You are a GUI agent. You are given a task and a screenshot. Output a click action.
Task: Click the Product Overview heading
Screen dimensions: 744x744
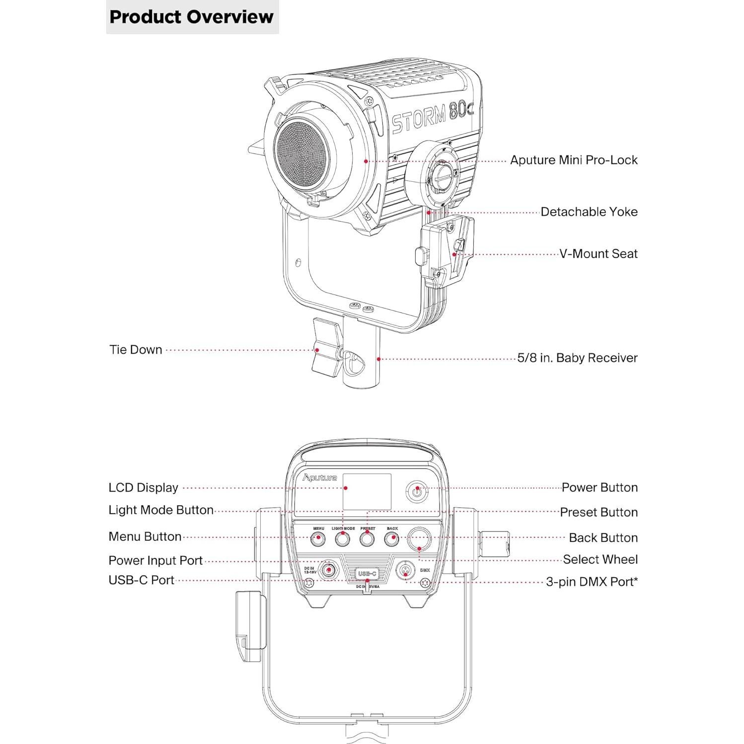tap(192, 17)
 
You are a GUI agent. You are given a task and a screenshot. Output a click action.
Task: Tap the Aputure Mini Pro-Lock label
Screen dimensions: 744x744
tap(574, 160)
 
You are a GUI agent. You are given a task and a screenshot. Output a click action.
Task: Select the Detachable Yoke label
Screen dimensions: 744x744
tap(589, 212)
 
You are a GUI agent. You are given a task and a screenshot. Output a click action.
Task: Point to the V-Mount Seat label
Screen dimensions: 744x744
tap(598, 254)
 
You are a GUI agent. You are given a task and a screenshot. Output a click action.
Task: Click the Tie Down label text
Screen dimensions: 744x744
tap(136, 350)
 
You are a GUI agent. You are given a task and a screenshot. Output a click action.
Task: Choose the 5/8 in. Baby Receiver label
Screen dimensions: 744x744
tap(577, 358)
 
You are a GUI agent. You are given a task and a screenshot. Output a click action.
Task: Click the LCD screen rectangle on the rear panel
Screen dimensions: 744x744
tap(367, 491)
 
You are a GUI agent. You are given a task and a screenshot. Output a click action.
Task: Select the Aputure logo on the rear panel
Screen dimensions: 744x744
tap(320, 478)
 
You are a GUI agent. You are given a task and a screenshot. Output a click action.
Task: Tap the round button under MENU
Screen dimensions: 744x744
tap(318, 538)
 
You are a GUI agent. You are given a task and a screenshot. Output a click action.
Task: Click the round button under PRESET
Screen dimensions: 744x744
tap(367, 538)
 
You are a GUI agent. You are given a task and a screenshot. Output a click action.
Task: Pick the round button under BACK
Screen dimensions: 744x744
tap(392, 538)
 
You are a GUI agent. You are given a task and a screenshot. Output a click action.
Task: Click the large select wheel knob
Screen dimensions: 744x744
tap(419, 538)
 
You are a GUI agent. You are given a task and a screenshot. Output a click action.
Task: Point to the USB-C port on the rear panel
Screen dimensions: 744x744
tap(367, 574)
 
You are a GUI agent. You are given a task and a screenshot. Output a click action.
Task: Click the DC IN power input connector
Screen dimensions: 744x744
tap(328, 570)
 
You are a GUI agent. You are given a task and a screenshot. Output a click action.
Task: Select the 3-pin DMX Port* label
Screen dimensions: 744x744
tap(592, 582)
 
